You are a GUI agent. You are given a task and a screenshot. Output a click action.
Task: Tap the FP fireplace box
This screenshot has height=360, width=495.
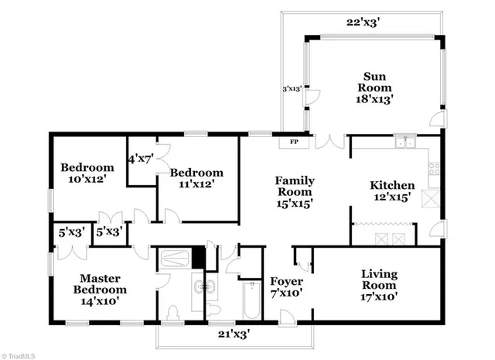pyautogui.click(x=294, y=142)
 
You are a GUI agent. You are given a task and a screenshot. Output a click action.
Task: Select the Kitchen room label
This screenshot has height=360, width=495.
pyautogui.click(x=392, y=191)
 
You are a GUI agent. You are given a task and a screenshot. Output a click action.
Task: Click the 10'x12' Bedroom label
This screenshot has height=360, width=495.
pyautogui.click(x=87, y=173)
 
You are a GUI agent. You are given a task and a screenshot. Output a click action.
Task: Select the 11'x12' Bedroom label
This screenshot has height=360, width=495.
pyautogui.click(x=196, y=178)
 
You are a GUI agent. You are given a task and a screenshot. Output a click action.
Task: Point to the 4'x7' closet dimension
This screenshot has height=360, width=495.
pyautogui.click(x=142, y=159)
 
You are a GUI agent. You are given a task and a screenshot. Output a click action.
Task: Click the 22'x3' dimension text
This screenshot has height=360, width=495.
pyautogui.click(x=363, y=23)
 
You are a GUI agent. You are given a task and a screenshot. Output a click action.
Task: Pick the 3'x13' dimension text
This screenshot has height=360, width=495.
pyautogui.click(x=292, y=89)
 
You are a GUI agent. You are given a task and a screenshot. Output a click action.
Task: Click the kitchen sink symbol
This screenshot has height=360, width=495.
pyautogui.click(x=403, y=142)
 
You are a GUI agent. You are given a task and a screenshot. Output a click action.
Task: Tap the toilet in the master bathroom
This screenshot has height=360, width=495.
pyautogui.click(x=173, y=313)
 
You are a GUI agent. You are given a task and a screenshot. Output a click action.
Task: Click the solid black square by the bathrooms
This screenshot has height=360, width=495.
pyautogui.click(x=199, y=256)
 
